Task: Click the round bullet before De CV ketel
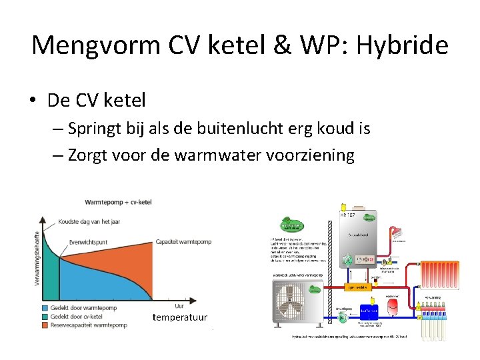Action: point(33,101)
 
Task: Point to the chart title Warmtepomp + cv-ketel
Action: point(118,202)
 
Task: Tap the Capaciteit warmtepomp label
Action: point(182,241)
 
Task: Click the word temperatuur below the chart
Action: point(180,317)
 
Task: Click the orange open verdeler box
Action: point(359,287)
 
